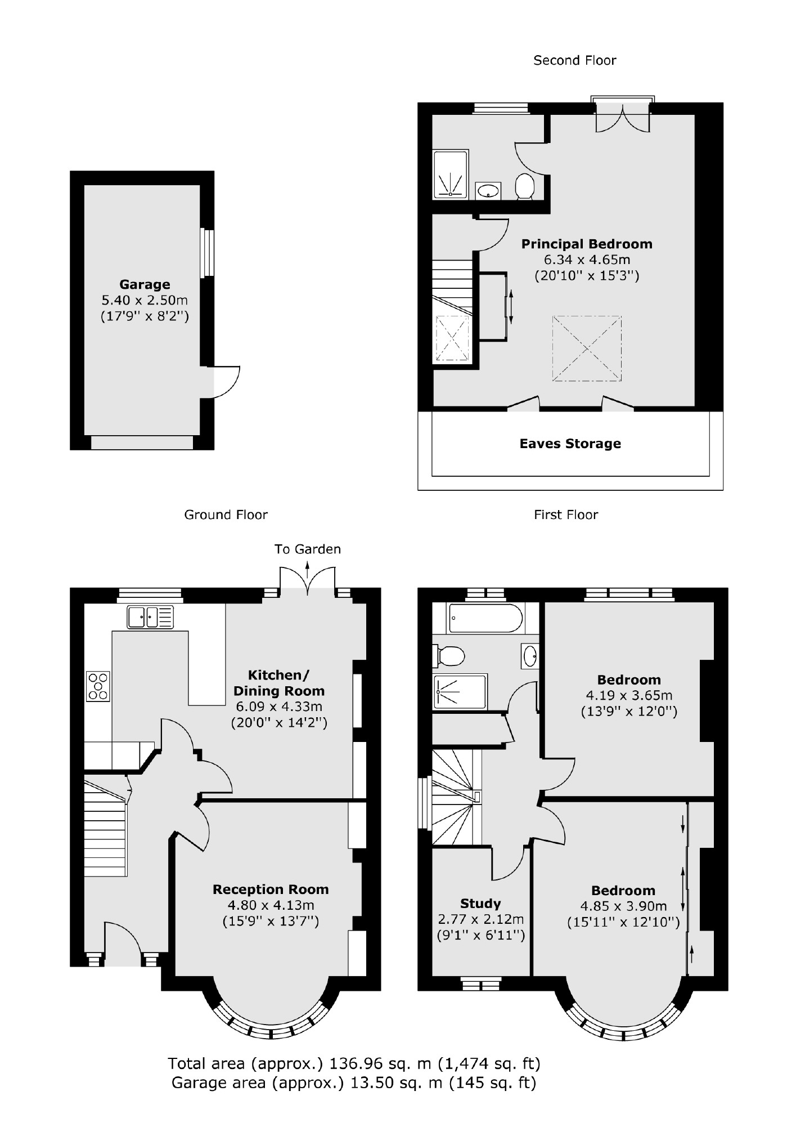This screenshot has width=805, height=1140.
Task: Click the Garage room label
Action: tap(145, 284)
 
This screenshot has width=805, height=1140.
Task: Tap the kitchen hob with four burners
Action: tap(98, 686)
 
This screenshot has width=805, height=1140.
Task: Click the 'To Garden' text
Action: tap(307, 549)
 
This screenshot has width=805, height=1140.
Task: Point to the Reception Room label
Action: tap(271, 889)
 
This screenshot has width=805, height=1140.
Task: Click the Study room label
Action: tap(480, 904)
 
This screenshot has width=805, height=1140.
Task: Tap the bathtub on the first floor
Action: tap(486, 618)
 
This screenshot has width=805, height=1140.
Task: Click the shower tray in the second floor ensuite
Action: tap(451, 174)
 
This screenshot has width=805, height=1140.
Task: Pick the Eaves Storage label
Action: tap(570, 444)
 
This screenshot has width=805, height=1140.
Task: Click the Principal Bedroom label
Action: tap(587, 244)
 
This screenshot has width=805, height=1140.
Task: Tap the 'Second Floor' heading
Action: tap(574, 60)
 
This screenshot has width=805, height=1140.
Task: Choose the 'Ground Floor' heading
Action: tap(226, 515)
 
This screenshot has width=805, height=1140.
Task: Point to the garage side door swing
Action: tap(225, 382)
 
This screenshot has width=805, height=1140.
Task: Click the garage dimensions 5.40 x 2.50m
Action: tap(145, 300)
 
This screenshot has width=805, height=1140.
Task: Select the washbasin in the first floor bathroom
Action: tap(529, 655)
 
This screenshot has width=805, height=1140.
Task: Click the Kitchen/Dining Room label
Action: tap(279, 683)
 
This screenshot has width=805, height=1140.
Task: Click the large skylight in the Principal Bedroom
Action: tap(587, 348)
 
